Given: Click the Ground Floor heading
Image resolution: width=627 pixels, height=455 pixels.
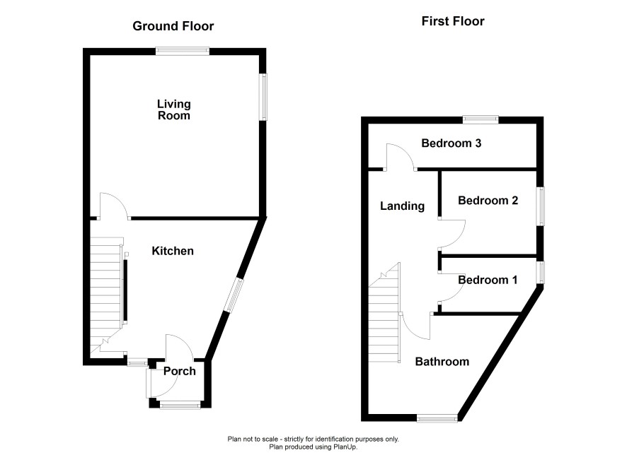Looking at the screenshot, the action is tap(173, 26).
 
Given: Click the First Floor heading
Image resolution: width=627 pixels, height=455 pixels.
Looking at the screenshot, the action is tap(453, 21).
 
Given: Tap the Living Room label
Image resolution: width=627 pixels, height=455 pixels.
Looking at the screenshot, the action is tap(173, 110).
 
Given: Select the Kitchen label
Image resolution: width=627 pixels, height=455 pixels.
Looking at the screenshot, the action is tap(173, 251).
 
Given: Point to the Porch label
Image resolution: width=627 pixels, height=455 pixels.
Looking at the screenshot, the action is tap(180, 371).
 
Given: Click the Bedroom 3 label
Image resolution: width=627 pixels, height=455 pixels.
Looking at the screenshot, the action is tap(451, 143).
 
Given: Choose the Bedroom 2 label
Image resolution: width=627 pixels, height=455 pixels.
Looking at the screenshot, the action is tap(488, 201).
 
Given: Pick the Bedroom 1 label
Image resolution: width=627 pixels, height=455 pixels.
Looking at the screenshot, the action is tap(488, 280).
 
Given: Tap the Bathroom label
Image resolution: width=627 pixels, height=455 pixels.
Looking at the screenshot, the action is tap(442, 362).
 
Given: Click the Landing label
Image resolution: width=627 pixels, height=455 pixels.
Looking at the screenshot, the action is tap(402, 206).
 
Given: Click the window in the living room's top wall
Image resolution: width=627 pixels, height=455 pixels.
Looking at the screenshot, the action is tap(183, 51).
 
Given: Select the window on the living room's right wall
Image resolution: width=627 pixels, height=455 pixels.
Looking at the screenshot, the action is tap(263, 97).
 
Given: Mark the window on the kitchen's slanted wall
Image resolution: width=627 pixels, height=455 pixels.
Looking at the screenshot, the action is tap(234, 295).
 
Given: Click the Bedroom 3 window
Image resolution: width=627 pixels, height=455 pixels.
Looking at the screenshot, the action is tap(481, 119).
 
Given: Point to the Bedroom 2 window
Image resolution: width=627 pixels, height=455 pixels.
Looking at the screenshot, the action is tap(540, 206).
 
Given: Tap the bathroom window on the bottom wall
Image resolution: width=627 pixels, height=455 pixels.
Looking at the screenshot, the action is tap(437, 418).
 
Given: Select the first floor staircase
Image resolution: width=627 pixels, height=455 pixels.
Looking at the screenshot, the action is tap(384, 312).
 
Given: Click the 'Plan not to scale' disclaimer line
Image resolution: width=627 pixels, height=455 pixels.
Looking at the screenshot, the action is tap(313, 439).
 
